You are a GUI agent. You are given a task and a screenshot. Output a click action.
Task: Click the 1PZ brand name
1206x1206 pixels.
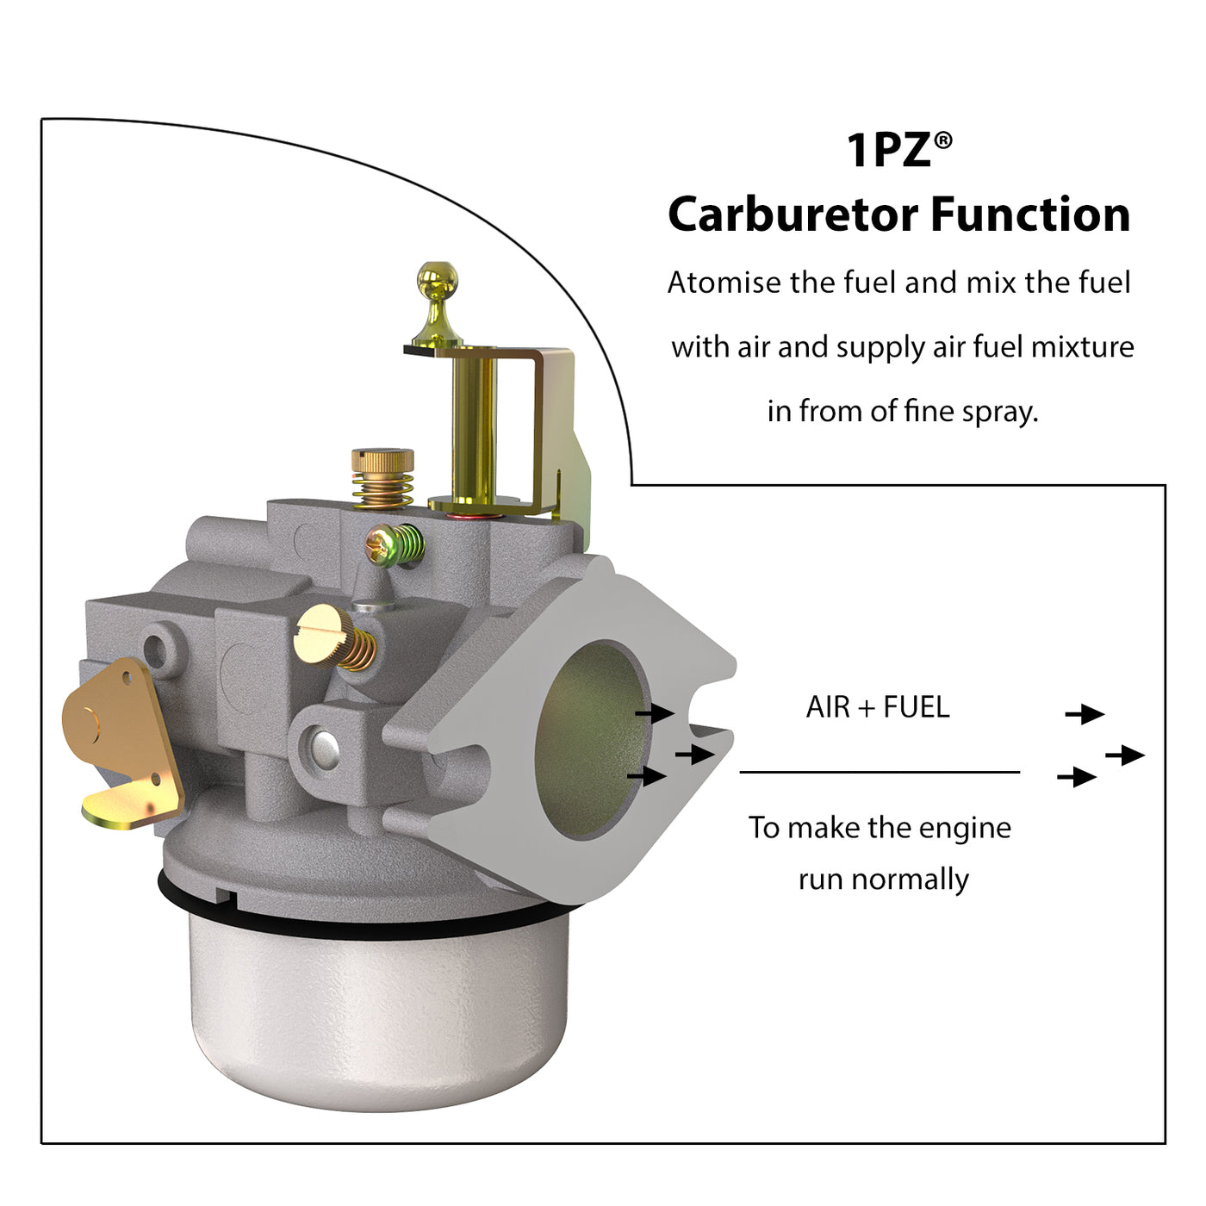[888, 151]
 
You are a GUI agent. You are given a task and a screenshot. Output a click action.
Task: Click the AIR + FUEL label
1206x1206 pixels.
[878, 707]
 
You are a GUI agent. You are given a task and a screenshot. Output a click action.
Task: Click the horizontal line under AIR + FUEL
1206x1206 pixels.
[880, 773]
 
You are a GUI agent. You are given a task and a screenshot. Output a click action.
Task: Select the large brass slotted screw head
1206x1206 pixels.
[320, 634]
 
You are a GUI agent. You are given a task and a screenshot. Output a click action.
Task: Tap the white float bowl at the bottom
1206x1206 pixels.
[379, 1016]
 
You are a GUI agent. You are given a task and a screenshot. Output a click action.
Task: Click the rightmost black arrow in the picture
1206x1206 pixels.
[1125, 755]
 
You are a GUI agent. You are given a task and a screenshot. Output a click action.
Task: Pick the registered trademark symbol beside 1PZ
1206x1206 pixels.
[943, 140]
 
